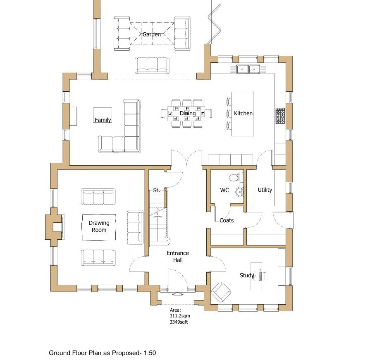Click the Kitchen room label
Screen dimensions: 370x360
(x=243, y=113)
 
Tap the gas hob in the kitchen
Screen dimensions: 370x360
(x=281, y=116)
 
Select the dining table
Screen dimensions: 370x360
(x=186, y=114)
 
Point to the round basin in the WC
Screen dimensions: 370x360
(x=240, y=192)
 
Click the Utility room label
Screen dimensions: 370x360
(x=265, y=190)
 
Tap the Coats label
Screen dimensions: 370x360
(x=227, y=220)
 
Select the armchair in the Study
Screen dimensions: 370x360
(x=221, y=292)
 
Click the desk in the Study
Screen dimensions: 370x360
(x=256, y=276)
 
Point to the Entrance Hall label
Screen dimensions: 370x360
(x=178, y=256)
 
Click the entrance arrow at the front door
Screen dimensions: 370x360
(x=177, y=294)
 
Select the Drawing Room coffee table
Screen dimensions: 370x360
(x=99, y=227)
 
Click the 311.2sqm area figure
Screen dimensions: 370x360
(x=180, y=316)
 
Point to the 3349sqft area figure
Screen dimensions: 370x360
(x=179, y=322)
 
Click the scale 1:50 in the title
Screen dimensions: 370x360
(x=150, y=353)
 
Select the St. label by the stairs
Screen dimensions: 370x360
(x=156, y=190)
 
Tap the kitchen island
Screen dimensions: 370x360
(x=243, y=114)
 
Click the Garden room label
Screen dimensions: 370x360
(x=151, y=34)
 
